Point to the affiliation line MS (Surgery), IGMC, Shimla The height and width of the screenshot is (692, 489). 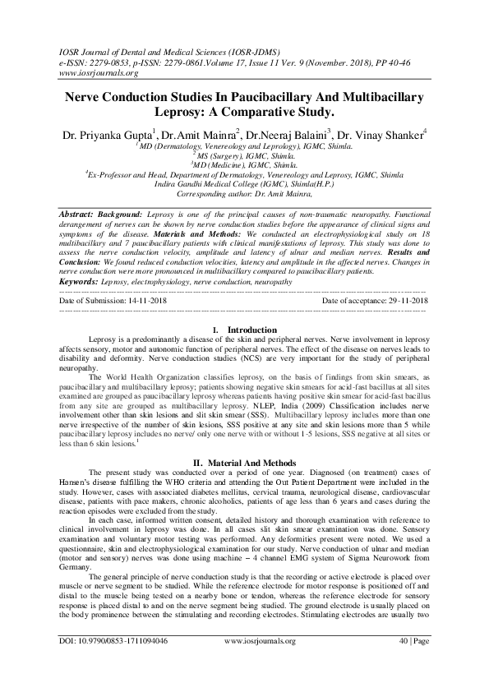pos(244,153)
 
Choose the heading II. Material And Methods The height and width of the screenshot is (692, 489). pos(244,462)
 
